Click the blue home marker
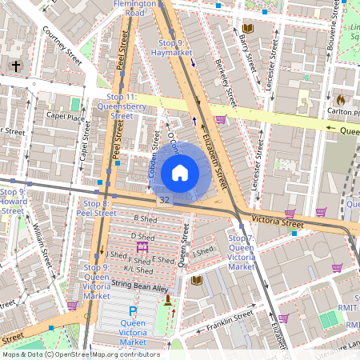(x=180, y=172)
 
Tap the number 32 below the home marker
(x=164, y=200)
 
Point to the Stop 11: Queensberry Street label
(x=121, y=106)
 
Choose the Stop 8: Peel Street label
(x=96, y=209)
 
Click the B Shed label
(x=145, y=218)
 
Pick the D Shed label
(x=143, y=236)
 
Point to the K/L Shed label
(x=138, y=270)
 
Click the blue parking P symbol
(x=133, y=310)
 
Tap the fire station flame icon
(x=340, y=100)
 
